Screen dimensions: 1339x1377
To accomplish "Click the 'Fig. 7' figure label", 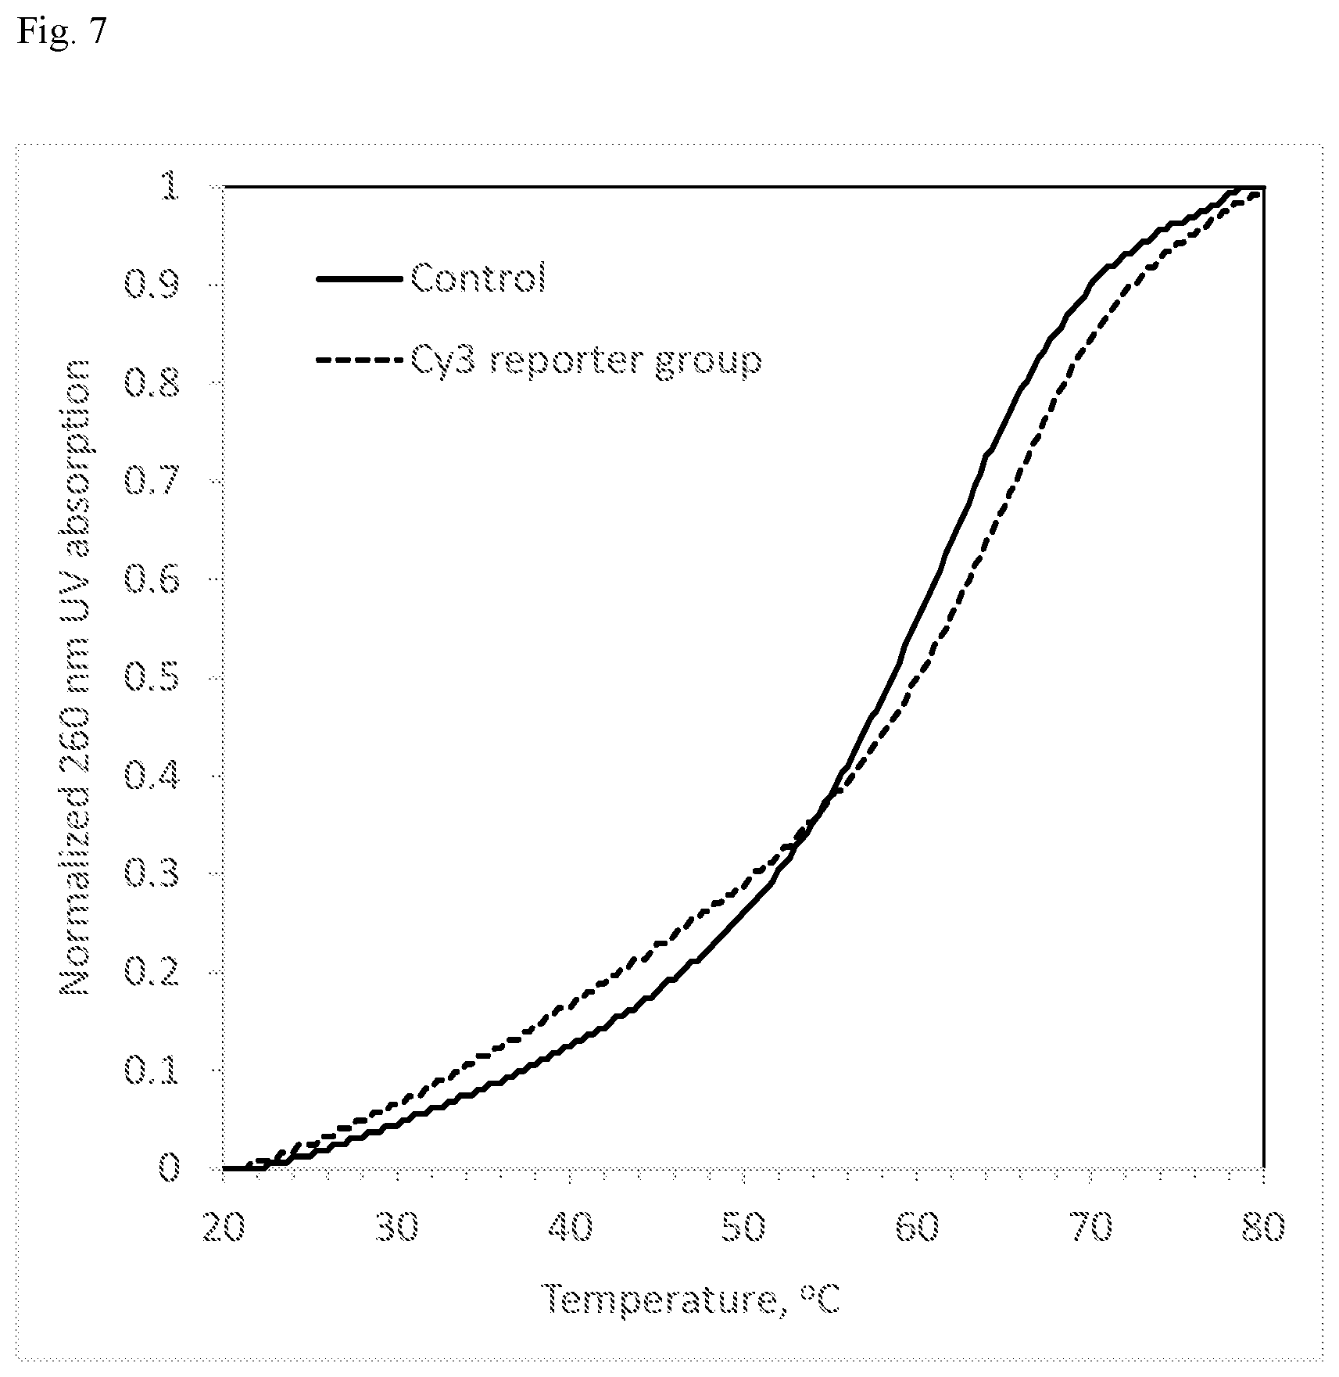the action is coord(59,33).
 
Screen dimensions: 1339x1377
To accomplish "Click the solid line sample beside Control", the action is coord(362,278).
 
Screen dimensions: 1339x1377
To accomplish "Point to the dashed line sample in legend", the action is coord(362,360).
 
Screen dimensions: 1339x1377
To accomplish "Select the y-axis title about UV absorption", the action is coord(76,677).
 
